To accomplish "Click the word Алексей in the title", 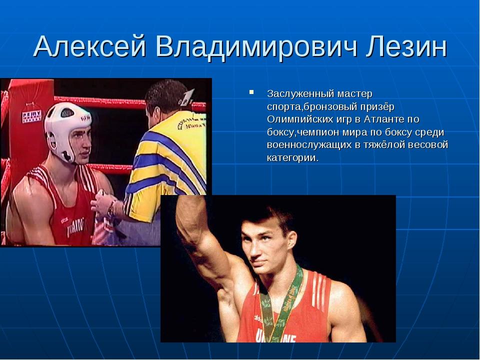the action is click(x=89, y=47).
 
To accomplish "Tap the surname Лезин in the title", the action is click(x=406, y=47).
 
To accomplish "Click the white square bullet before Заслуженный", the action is click(x=251, y=91).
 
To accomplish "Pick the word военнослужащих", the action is click(x=309, y=145).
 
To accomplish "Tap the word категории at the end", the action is click(x=292, y=158).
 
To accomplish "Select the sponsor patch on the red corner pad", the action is click(x=31, y=116).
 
